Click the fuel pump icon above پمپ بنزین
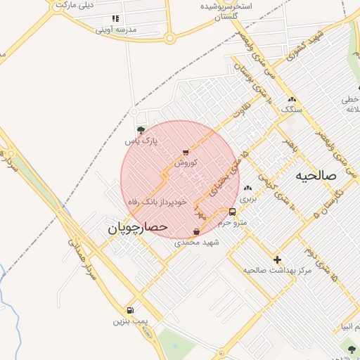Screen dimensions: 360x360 point(130,310)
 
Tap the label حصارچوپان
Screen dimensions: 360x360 point(137,228)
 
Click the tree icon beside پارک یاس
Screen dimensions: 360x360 point(141,130)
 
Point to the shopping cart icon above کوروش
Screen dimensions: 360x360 point(186,151)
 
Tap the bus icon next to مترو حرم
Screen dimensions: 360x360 point(233,212)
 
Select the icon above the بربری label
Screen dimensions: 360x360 point(247,188)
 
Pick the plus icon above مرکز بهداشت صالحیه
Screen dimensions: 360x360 point(277,259)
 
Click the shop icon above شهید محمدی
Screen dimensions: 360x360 point(196,231)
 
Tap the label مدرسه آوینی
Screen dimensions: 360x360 point(115,30)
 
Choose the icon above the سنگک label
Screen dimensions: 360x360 point(291,100)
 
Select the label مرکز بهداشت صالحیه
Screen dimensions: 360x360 point(277,270)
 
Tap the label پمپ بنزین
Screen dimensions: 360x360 point(131,321)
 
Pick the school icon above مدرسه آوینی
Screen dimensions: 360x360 point(115,18)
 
